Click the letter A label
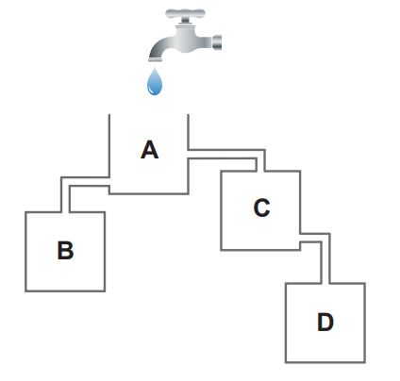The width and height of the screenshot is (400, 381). point(149,150)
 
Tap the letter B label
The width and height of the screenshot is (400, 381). point(65,251)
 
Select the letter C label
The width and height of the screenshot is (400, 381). point(261,207)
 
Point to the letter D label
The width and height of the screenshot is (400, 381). point(325,322)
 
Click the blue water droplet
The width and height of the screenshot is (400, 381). point(155,81)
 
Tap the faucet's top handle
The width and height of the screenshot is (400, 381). point(185,14)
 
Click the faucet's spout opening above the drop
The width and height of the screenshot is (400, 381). point(156,59)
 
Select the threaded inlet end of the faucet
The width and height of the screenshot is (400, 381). point(217,42)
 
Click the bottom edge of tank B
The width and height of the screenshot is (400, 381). point(65,291)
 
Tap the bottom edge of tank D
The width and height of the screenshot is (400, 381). point(325,362)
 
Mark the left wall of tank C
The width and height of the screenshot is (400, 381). point(221,210)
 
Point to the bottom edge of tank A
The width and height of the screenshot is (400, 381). point(149,193)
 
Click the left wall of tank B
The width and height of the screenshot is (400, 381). point(25,252)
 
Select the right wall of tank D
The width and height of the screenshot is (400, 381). point(365,323)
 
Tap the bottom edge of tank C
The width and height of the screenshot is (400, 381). point(260,250)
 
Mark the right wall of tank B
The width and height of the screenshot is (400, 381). point(105,252)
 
